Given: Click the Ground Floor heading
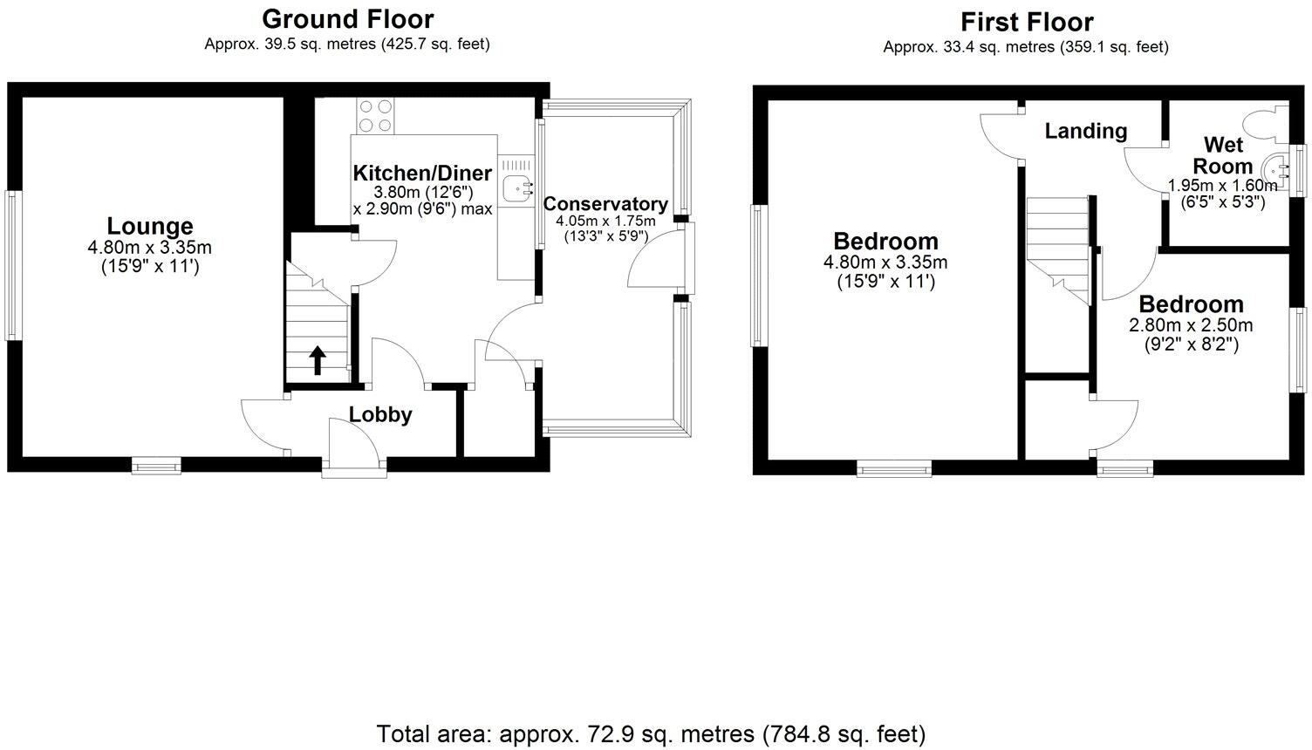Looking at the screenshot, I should [347, 18].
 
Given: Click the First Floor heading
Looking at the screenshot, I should [1027, 21].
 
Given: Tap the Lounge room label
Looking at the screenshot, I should [150, 227].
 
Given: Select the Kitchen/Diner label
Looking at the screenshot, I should [422, 173].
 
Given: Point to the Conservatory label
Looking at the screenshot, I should [605, 204].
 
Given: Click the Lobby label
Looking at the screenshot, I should [380, 415].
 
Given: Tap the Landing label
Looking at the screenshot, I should [1086, 131].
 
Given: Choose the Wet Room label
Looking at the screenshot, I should [1223, 155].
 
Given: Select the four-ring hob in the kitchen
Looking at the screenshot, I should [375, 115].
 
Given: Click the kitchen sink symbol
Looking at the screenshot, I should [521, 185].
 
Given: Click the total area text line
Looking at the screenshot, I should [651, 733].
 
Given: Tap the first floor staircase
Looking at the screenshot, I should [1058, 249].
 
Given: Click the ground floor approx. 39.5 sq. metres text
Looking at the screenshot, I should [347, 44].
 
